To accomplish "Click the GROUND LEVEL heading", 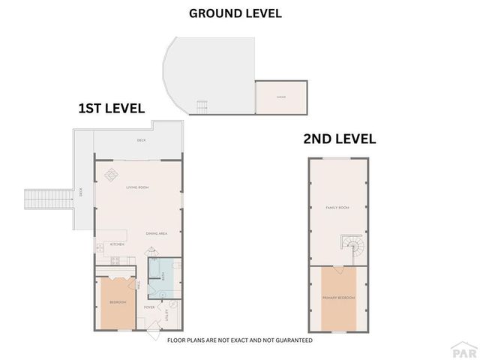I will coord(235,13).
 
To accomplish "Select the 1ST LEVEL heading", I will coord(111,109).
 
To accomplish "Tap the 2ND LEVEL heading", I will coord(339,139).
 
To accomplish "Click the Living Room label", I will coord(138,187).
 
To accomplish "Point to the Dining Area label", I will coord(156,233).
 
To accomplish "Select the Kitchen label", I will coord(117,244).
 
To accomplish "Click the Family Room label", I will coord(337,207).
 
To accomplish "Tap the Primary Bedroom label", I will coord(338,298).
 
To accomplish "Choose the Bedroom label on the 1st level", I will coord(118,302).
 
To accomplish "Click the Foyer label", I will coord(149,307).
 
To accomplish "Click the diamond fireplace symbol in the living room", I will coord(111,174).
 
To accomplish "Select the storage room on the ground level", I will coord(281,97).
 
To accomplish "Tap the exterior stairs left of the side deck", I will coord(37,199).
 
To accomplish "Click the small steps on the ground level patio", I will coord(202,106).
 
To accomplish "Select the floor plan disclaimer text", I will coord(240,340).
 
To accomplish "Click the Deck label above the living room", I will coord(140,140).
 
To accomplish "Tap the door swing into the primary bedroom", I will coord(338,268).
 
